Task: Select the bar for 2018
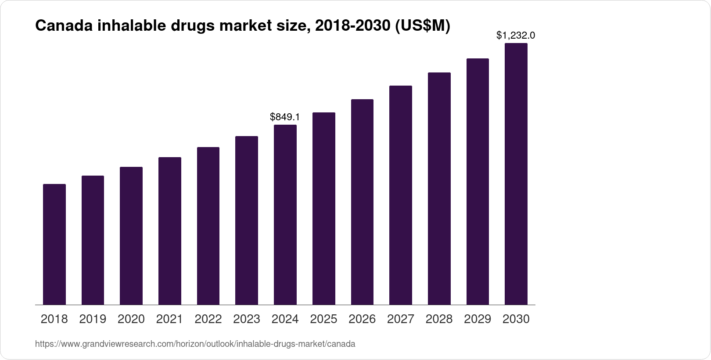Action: click(x=54, y=244)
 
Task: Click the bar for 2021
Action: click(x=170, y=231)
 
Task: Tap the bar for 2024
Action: click(x=285, y=215)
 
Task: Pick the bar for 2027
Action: click(x=401, y=195)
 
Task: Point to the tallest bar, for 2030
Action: click(x=516, y=174)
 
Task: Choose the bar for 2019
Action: click(x=93, y=240)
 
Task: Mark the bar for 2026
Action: click(x=362, y=202)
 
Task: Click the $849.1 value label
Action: click(x=285, y=117)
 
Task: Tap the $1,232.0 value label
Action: click(x=516, y=35)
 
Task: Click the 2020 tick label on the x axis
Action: click(x=131, y=319)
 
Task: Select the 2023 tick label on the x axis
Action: click(x=247, y=319)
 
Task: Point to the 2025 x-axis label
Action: click(x=323, y=319)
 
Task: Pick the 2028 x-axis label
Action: click(x=439, y=319)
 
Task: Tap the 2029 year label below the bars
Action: click(x=478, y=319)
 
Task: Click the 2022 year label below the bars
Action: click(x=208, y=319)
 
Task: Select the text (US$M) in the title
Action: click(x=423, y=26)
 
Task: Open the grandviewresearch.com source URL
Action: click(x=195, y=344)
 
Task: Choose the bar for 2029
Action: click(x=478, y=181)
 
